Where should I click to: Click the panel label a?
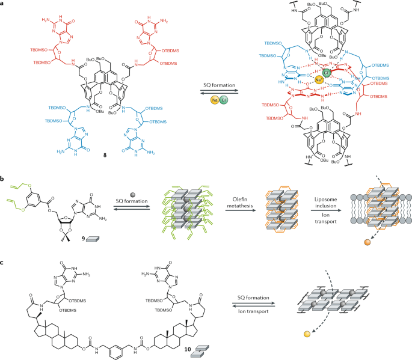coord(3,4)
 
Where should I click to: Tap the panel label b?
coord(3,181)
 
